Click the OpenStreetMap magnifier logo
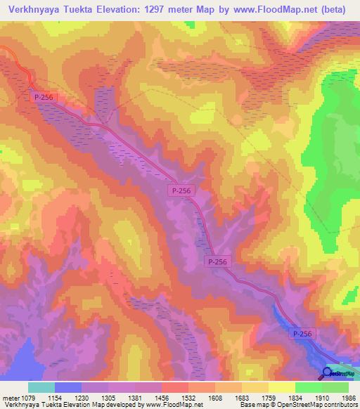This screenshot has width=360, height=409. (328, 373)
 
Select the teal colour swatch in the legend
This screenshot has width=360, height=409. (41, 387)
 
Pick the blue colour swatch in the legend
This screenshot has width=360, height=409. (68, 387)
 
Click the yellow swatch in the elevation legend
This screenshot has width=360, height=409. (281, 387)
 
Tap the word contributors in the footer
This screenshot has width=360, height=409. (340, 405)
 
